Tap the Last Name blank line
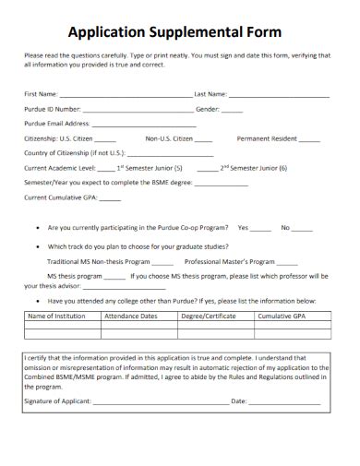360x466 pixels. pyautogui.click(x=279, y=95)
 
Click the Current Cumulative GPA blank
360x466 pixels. pyautogui.click(x=111, y=197)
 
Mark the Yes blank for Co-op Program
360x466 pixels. pyautogui.click(x=261, y=228)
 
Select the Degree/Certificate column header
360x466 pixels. pyautogui.click(x=209, y=317)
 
